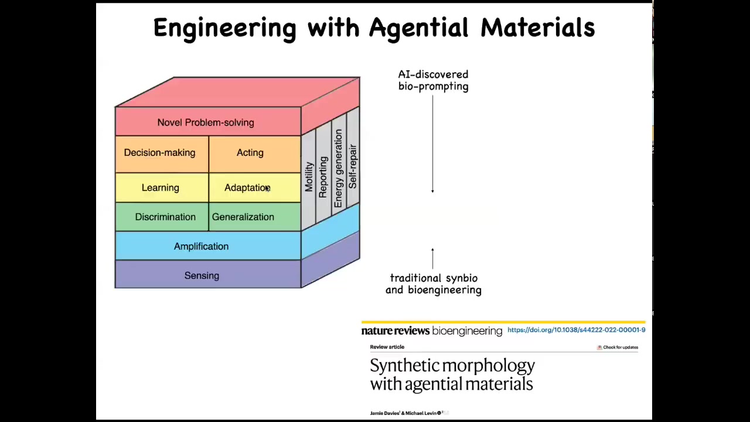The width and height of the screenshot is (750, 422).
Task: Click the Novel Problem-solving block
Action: (x=206, y=122)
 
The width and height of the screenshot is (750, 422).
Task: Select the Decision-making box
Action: (x=159, y=153)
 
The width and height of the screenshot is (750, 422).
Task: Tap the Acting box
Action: (x=250, y=153)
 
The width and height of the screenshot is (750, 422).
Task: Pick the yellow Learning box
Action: (x=160, y=188)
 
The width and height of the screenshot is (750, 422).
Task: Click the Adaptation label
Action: (x=247, y=188)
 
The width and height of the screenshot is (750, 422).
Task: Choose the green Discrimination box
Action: (x=165, y=217)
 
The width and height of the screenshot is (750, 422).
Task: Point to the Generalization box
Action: (x=243, y=217)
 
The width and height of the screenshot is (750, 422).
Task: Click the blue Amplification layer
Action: (x=201, y=246)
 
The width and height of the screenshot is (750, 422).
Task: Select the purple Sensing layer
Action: (x=202, y=275)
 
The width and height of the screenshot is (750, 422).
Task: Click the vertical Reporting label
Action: (x=323, y=177)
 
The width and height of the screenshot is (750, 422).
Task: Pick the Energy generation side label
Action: (x=338, y=169)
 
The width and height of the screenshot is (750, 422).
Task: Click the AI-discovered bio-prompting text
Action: (x=433, y=80)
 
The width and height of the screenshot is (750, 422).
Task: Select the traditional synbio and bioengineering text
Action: (x=434, y=284)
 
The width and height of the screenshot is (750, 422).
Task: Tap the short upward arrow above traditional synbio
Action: (x=432, y=258)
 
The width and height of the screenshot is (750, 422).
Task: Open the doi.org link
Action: (x=576, y=330)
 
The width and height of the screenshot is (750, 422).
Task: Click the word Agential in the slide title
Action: (x=418, y=28)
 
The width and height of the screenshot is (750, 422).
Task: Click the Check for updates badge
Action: (x=618, y=348)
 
